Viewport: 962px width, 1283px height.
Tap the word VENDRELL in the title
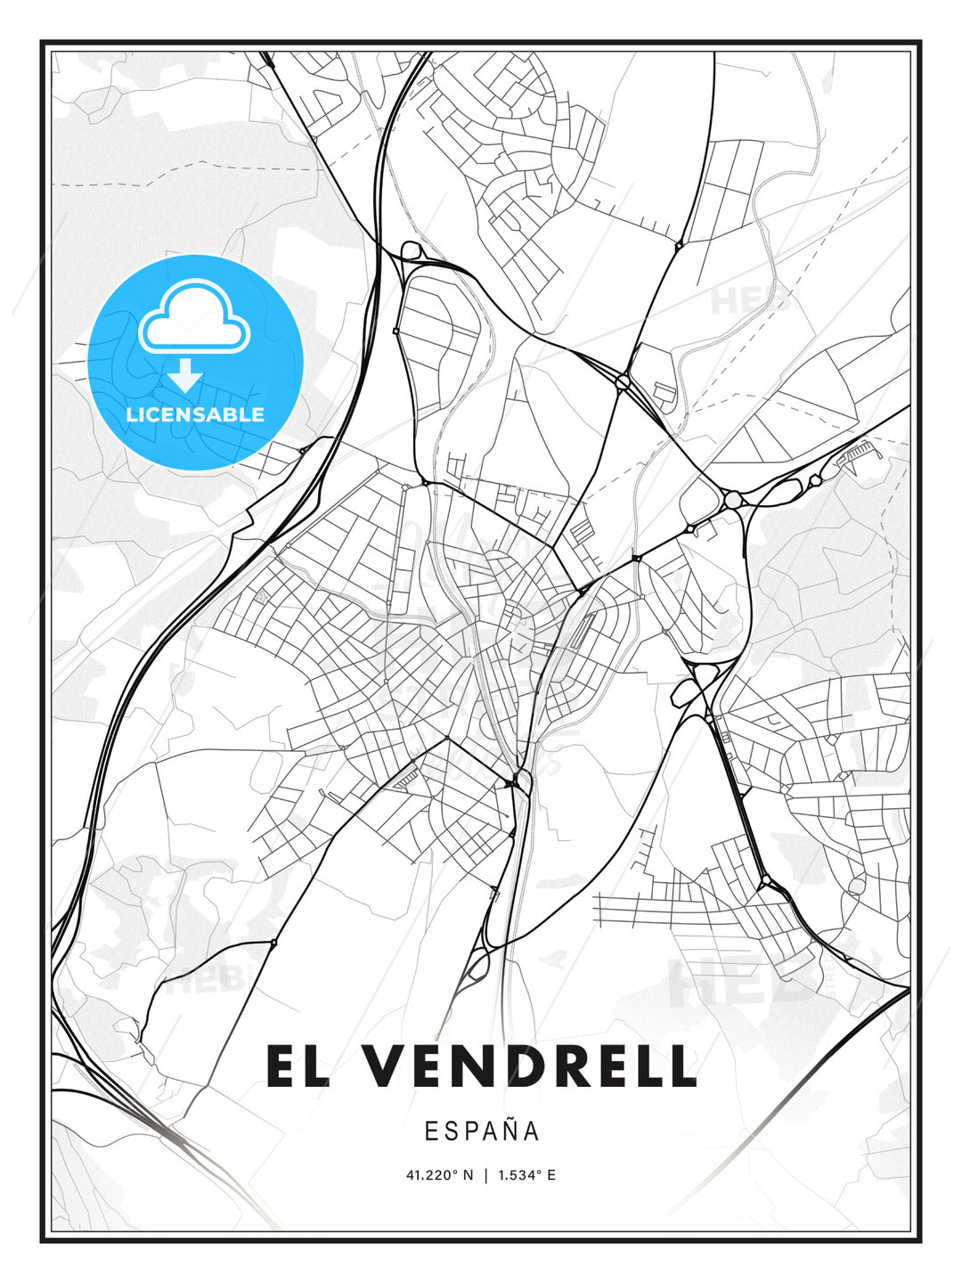pos(529,1066)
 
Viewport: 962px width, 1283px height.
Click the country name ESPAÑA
pos(481,1131)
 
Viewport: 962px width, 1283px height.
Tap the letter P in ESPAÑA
pos(469,1131)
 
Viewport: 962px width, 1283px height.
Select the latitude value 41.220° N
pos(440,1175)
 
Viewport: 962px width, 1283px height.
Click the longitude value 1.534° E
pos(526,1175)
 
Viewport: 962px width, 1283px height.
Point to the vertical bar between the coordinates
pos(485,1175)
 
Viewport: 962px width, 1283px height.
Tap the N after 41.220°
pos(469,1175)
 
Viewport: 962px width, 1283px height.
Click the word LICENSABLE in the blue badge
pos(195,414)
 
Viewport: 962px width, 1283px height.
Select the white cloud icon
pos(194,316)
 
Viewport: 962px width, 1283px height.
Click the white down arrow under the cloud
pos(184,375)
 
